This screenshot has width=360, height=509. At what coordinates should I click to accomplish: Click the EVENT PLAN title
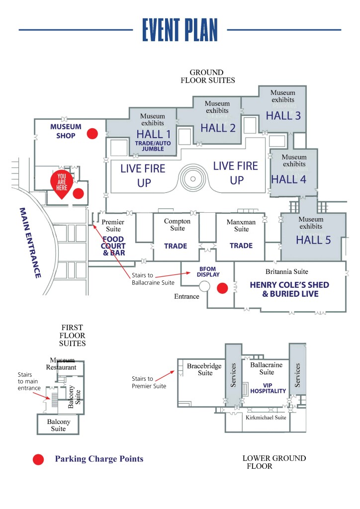point(180,30)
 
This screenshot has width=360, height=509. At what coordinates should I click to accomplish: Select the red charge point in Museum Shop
point(92,133)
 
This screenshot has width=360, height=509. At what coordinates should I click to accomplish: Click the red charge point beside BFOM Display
point(223,287)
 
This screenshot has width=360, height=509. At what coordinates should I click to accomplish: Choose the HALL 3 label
point(283,116)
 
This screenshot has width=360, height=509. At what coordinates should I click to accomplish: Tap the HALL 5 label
point(313,240)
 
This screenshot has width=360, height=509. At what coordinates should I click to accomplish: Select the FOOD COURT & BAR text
point(113,246)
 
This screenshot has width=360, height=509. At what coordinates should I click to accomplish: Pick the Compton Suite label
point(177,225)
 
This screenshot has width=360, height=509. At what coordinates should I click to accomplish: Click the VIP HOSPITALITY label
point(268,388)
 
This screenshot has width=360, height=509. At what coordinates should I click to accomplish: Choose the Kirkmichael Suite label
point(266,418)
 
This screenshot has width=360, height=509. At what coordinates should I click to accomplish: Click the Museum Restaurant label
point(61,364)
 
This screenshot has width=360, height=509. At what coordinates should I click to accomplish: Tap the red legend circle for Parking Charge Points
point(38,459)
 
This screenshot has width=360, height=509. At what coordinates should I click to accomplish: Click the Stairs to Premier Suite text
point(149,382)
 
